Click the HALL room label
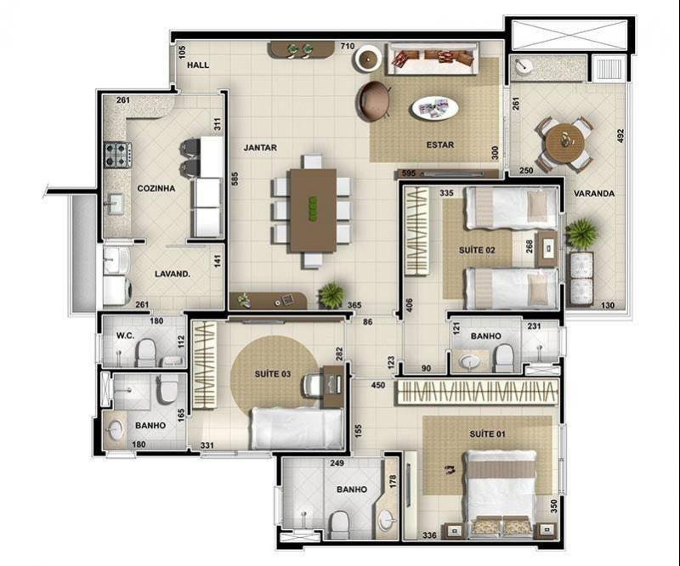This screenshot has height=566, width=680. point(198,65)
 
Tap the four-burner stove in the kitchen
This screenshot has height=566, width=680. point(117,155)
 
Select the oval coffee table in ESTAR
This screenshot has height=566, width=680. point(434,108)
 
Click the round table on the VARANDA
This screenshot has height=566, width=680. point(564,140)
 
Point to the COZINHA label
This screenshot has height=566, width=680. point(156,188)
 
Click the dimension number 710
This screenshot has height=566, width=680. point(348,46)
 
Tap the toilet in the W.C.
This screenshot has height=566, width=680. point(146,352)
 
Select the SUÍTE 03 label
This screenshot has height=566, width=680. point(272,374)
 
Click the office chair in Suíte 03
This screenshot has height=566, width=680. point(312,385)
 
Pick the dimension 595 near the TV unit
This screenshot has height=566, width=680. point(409,173)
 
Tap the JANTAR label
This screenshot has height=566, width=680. point(260,148)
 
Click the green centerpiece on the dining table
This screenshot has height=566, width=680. point(313,207)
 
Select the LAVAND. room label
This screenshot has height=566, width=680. point(173,275)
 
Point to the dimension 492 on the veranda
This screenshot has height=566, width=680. point(620,136)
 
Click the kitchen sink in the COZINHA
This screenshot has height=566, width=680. point(115,204)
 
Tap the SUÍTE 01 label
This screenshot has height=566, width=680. point(487,433)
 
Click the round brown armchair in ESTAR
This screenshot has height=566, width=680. point(373,100)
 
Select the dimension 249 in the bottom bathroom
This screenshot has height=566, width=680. point(337,463)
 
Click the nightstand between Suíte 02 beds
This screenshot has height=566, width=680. point(547,248)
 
